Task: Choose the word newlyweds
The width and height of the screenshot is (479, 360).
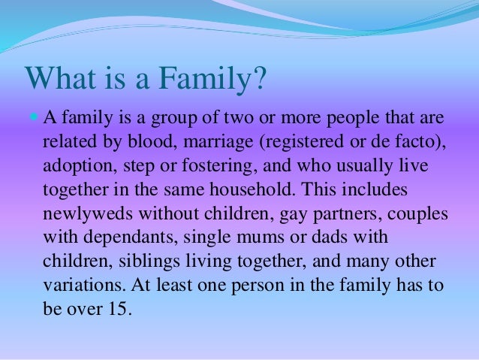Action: click(86, 213)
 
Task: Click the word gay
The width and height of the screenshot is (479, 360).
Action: click(291, 213)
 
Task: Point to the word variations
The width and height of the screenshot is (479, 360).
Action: click(79, 285)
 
